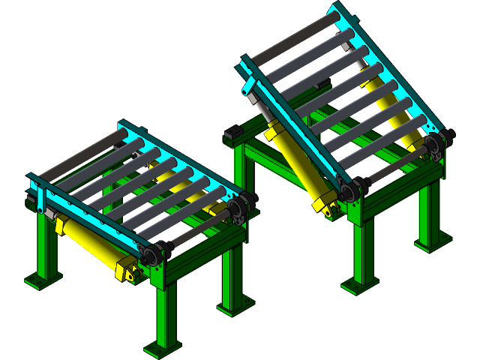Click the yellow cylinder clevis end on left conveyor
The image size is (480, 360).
128,270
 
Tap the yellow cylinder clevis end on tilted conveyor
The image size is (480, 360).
325,206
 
